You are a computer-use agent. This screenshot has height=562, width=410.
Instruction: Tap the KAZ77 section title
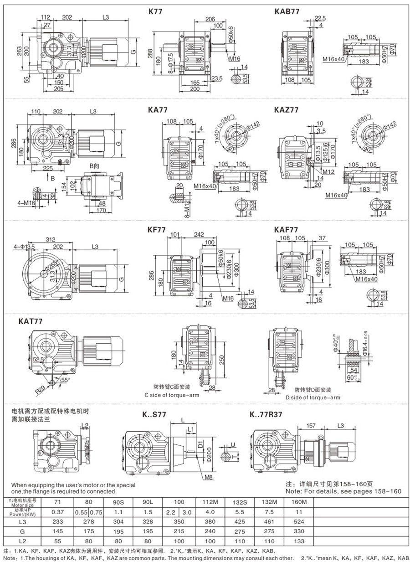(287, 110)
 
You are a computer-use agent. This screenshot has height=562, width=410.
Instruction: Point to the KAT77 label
(31, 321)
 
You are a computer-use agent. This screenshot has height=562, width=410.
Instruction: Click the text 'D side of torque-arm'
(313, 397)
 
